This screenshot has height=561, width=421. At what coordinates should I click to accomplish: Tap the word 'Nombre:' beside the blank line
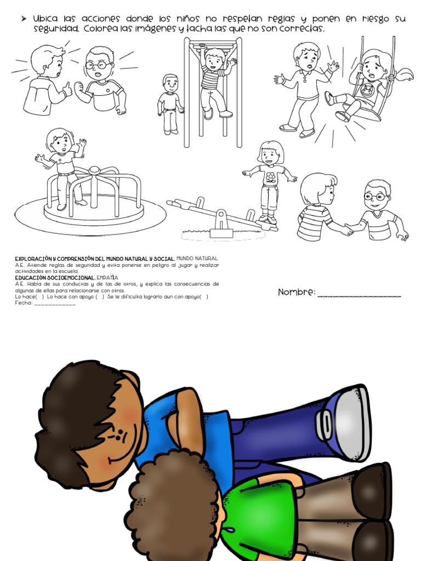[297, 292]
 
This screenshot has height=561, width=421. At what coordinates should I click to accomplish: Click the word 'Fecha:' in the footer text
[24, 302]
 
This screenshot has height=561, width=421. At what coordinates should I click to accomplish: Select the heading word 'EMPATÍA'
[107, 278]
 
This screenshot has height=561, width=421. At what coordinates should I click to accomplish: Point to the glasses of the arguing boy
[98, 65]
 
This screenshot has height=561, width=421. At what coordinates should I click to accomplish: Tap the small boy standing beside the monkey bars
[169, 104]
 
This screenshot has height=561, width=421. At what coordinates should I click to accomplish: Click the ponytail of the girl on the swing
[404, 75]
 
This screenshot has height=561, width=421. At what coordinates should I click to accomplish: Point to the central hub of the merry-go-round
[94, 169]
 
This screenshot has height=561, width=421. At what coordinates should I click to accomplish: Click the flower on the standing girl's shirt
[271, 177]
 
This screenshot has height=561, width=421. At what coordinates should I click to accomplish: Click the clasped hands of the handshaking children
[346, 230]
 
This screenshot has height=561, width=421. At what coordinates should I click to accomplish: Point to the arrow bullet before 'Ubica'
[24, 19]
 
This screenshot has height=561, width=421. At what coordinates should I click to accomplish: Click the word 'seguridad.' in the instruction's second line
[56, 28]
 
